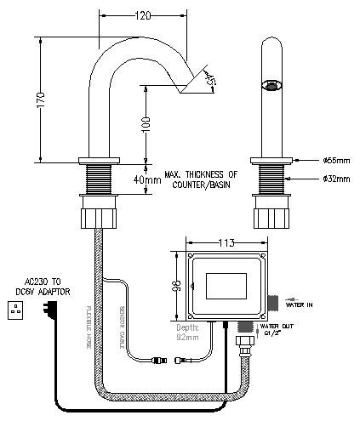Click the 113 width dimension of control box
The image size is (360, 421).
pyautogui.click(x=226, y=242)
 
